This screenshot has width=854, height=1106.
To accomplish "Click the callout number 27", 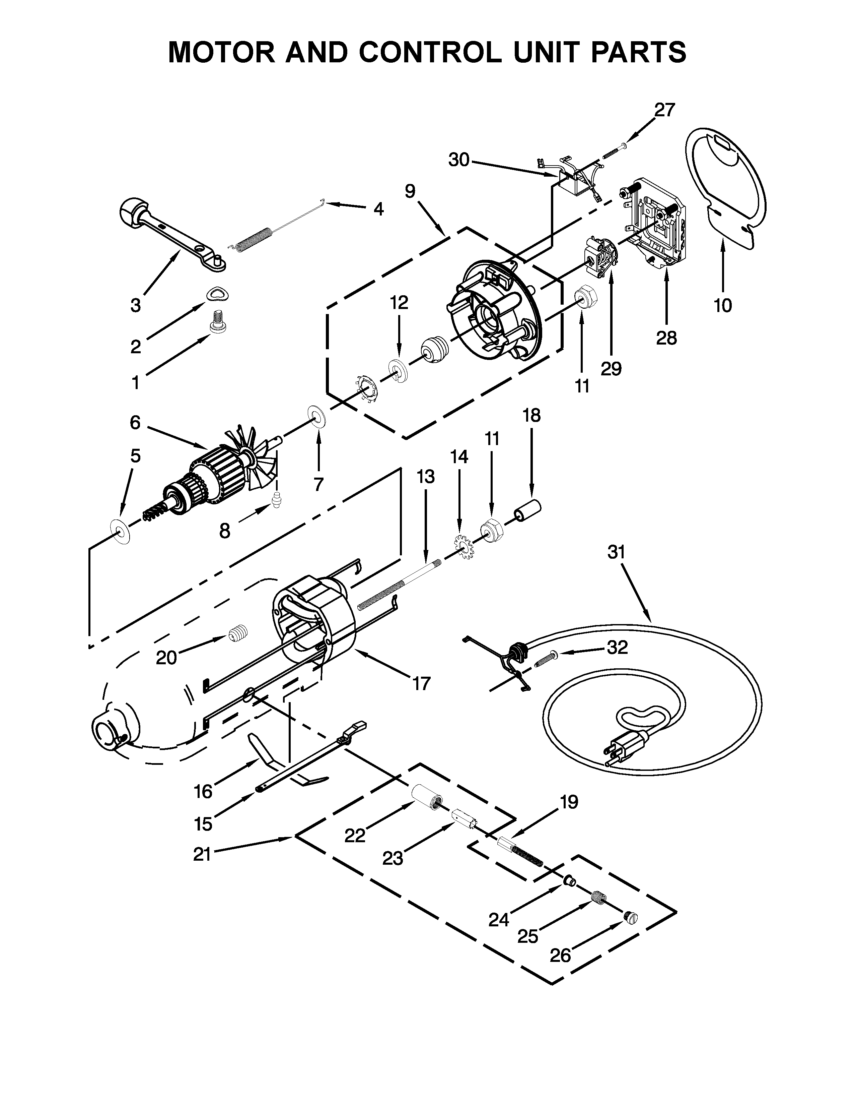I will click(665, 110).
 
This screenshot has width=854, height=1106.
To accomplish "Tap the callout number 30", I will click(459, 160).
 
